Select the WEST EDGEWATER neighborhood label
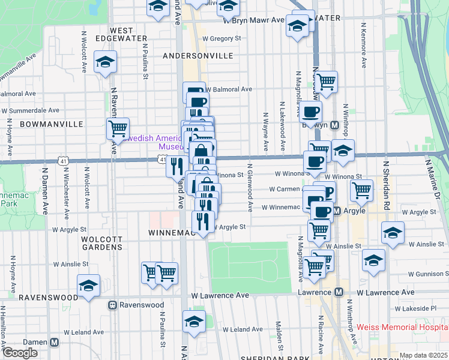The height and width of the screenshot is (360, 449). click(x=129, y=34)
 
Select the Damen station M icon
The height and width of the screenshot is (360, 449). click(x=55, y=342)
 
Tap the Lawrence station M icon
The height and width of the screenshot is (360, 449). click(x=339, y=292)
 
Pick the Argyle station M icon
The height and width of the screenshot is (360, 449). click(x=337, y=211)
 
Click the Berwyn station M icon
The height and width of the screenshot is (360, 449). click(x=335, y=125)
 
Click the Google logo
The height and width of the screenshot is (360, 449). click(x=20, y=353)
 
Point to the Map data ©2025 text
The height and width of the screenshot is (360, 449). click(x=423, y=355)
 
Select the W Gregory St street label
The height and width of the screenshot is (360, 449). click(x=221, y=38)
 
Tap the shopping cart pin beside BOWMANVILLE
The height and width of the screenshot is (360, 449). click(x=118, y=128)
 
